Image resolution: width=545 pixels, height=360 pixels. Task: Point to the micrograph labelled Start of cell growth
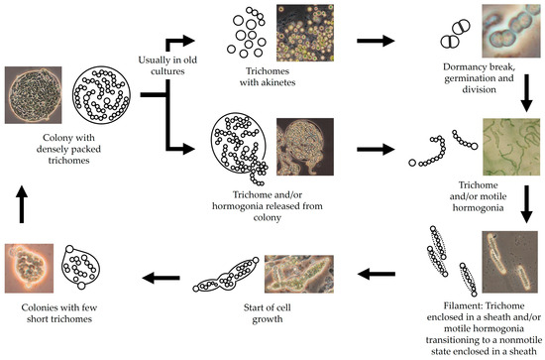(x=304, y=279)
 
